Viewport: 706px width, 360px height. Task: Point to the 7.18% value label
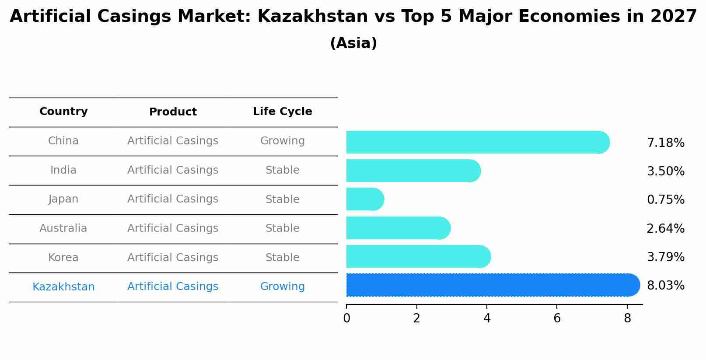(x=665, y=143)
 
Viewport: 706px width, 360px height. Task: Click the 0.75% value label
(x=665, y=200)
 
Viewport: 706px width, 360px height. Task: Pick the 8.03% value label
(x=665, y=286)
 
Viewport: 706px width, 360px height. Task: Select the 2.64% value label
(x=665, y=229)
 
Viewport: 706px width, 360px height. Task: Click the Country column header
(x=63, y=112)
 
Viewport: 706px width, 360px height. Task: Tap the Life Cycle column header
(x=282, y=112)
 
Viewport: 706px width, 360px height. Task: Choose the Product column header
(x=173, y=112)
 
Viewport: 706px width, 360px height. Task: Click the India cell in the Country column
(x=63, y=170)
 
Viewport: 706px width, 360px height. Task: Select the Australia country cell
(x=63, y=228)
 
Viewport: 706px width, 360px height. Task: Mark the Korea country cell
(x=63, y=258)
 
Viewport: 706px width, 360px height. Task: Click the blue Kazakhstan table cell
(x=63, y=287)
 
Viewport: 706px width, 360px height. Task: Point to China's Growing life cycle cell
(x=282, y=141)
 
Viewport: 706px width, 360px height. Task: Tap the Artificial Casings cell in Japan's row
(x=173, y=199)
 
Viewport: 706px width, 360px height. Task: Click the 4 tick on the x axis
(x=487, y=318)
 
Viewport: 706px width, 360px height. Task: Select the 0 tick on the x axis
(x=346, y=318)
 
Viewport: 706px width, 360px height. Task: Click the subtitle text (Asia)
(x=353, y=43)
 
